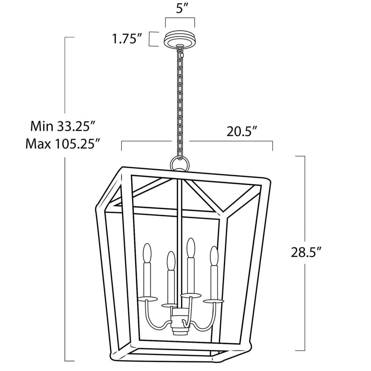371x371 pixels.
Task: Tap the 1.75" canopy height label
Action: (x=127, y=39)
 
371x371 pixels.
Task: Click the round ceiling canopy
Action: (x=180, y=39)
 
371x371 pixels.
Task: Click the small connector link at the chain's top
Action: (x=182, y=55)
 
